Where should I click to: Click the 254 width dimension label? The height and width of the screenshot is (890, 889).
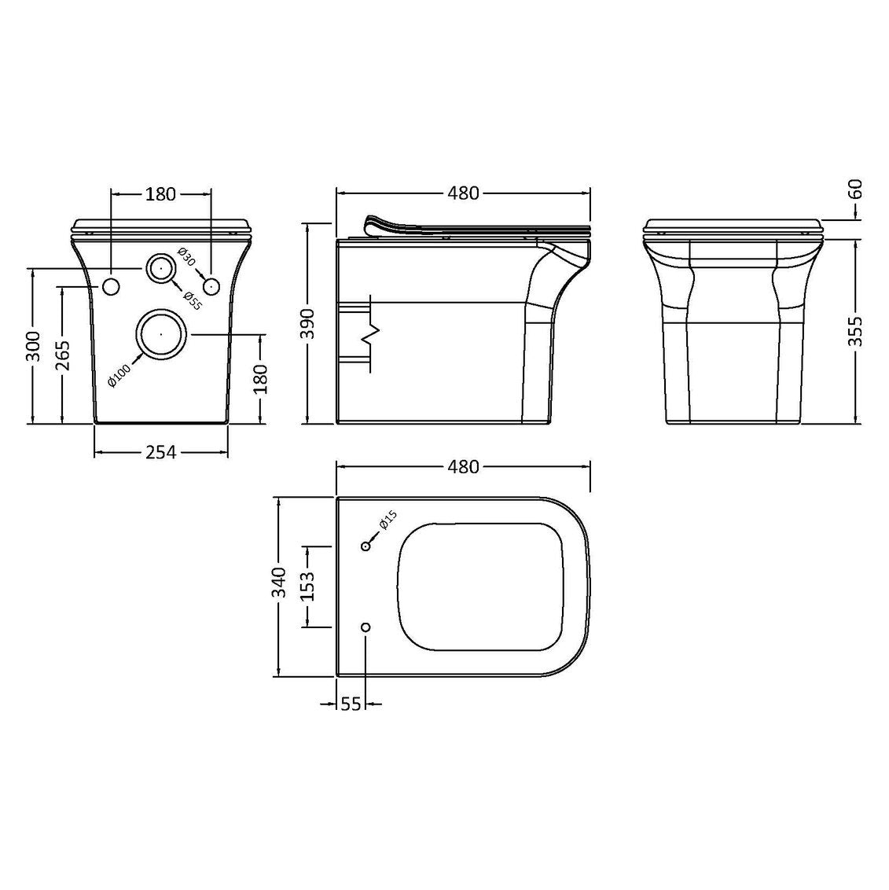coord(161,452)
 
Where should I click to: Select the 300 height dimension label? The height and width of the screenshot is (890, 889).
coord(34,346)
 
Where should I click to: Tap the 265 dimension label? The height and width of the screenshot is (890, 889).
coord(63,355)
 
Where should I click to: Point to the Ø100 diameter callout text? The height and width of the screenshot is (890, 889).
coord(119,374)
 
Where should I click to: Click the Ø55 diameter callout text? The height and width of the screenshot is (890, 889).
coord(193,300)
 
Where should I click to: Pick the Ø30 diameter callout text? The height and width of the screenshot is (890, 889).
coord(186,258)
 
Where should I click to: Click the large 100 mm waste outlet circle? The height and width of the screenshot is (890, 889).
coord(161,334)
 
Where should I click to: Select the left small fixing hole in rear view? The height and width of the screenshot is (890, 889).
coord(111,287)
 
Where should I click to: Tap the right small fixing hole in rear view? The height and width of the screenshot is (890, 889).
coord(211,287)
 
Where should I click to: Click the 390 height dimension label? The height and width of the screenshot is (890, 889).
coord(307,324)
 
